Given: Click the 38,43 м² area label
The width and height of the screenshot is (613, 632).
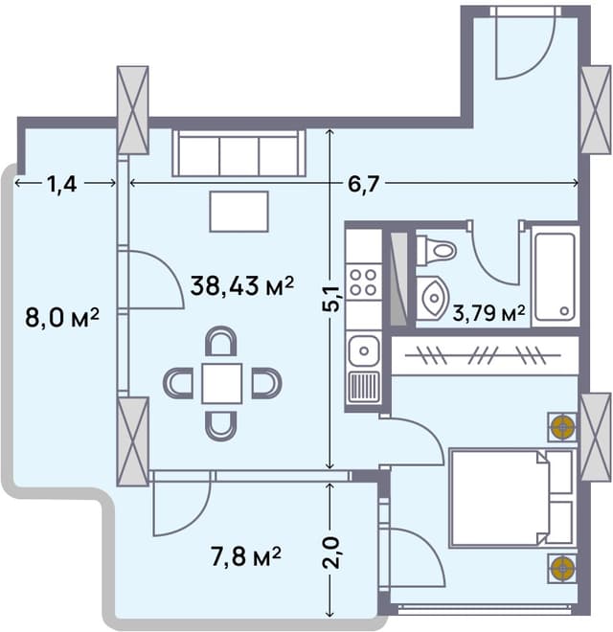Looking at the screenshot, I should (x=240, y=285).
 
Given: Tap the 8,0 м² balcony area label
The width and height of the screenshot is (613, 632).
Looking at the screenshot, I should (x=63, y=318).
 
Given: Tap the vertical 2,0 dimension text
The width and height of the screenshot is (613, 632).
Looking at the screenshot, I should (x=331, y=553).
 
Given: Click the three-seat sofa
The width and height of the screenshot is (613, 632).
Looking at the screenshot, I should (x=238, y=154).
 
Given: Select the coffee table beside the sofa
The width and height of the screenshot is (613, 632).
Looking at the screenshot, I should (x=239, y=212).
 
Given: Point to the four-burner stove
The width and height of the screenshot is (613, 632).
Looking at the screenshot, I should (x=363, y=282).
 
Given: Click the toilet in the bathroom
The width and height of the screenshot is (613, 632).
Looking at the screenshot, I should (x=437, y=251).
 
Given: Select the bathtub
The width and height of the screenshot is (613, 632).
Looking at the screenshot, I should (x=555, y=276).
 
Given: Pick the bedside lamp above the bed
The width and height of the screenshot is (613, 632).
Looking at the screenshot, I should (x=561, y=427).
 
